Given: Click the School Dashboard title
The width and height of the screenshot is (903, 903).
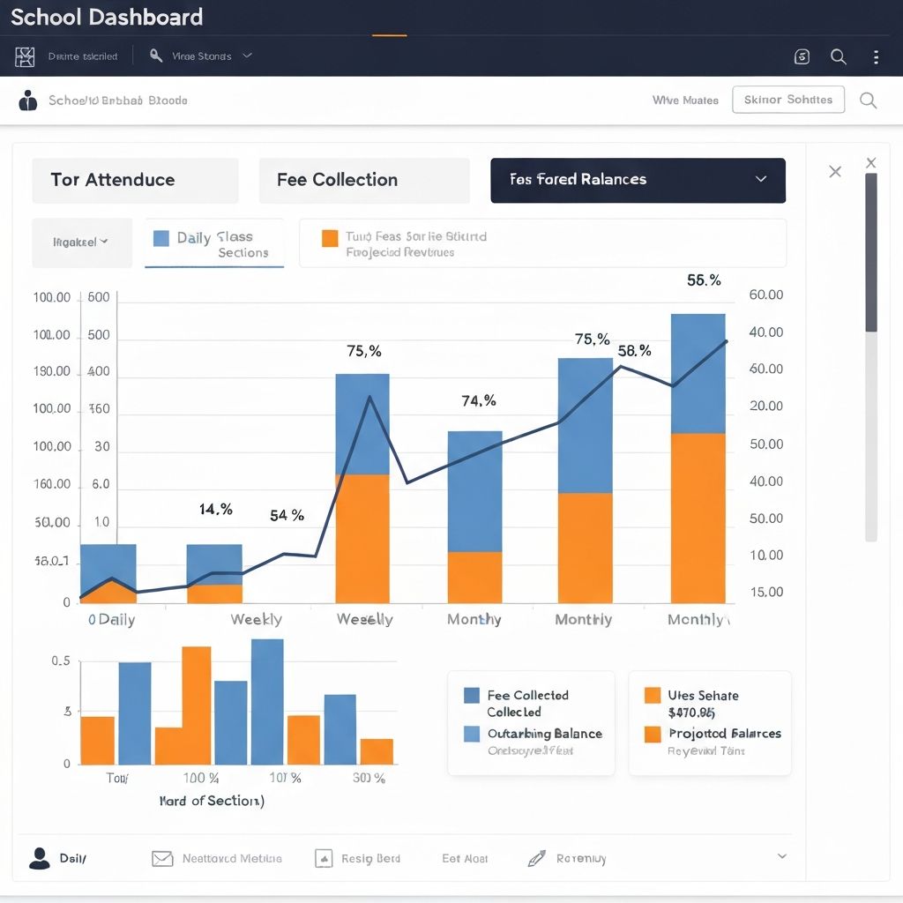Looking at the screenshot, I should pyautogui.click(x=107, y=17).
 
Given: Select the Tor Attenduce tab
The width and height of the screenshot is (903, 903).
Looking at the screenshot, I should pyautogui.click(x=135, y=180).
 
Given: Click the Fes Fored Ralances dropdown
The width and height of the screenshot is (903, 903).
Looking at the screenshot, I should pyautogui.click(x=638, y=180).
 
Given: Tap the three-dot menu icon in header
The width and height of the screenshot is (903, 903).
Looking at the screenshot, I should pyautogui.click(x=875, y=57).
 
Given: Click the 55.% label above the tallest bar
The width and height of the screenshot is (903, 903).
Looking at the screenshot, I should pyautogui.click(x=704, y=280).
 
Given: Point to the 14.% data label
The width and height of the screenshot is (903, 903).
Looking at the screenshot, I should pyautogui.click(x=215, y=510).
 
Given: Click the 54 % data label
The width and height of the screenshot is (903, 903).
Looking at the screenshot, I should pyautogui.click(x=287, y=516).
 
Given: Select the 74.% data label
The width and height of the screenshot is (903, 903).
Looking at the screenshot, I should pyautogui.click(x=479, y=401).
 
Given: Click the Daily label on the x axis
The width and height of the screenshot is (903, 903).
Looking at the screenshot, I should pyautogui.click(x=116, y=620).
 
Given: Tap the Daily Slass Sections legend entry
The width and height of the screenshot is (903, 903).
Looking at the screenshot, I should pyautogui.click(x=214, y=244).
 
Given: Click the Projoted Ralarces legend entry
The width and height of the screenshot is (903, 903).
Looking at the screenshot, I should pyautogui.click(x=724, y=734).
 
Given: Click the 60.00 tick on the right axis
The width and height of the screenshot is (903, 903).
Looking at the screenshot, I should pyautogui.click(x=765, y=295).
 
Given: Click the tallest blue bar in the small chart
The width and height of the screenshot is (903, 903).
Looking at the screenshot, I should pyautogui.click(x=267, y=701).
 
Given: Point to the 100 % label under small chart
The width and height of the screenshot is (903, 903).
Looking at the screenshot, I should pyautogui.click(x=201, y=778).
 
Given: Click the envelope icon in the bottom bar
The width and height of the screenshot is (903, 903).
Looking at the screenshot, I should pyautogui.click(x=162, y=858).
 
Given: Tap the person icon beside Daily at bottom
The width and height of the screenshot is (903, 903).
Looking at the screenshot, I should pyautogui.click(x=40, y=858).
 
